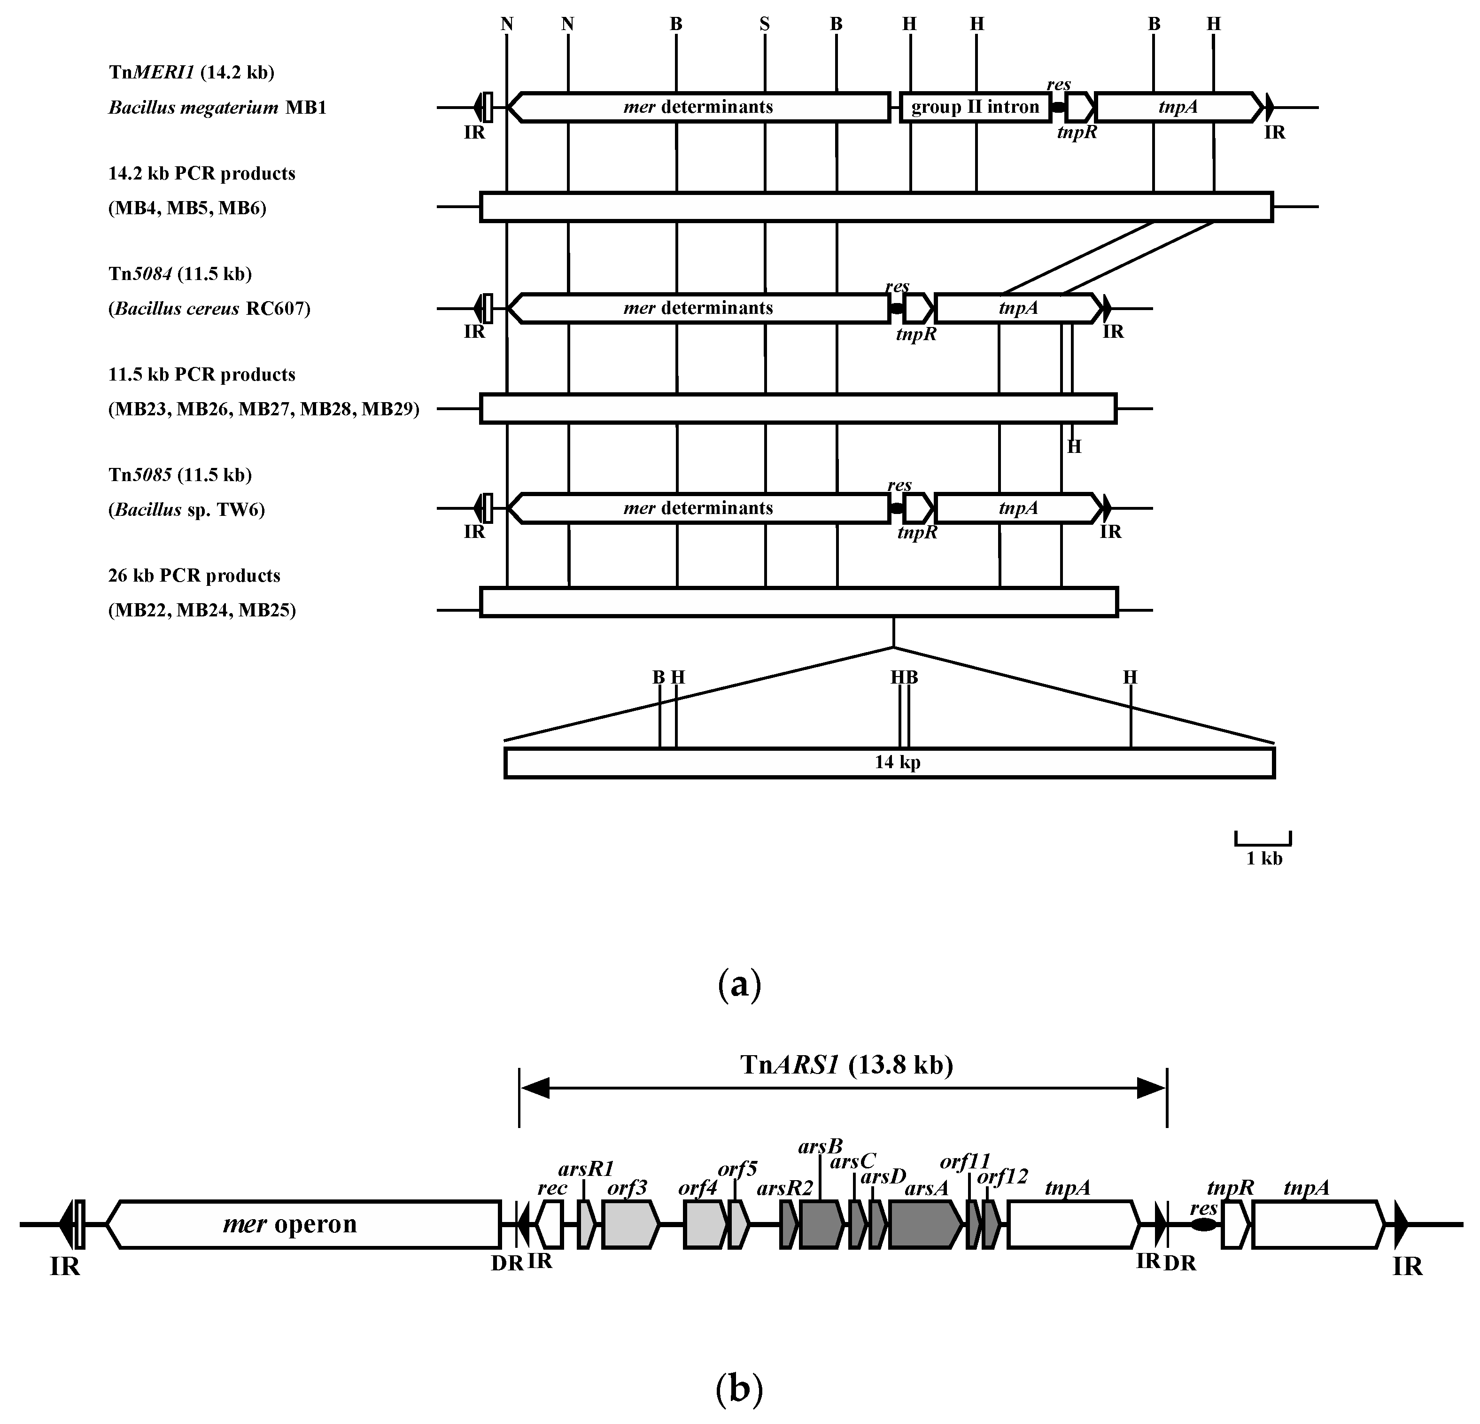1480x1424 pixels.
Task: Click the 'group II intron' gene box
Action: coord(976,107)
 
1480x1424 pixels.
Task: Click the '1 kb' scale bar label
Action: coord(1264,859)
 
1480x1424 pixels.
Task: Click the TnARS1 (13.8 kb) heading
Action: coord(846,1065)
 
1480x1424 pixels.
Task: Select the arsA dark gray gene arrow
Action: coord(925,1224)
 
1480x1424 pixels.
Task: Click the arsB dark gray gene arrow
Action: coord(821,1224)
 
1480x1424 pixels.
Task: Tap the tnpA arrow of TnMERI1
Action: coord(1178,107)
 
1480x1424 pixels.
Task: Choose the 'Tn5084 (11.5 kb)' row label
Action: coord(180,273)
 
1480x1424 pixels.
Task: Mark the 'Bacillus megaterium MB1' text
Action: coord(217,107)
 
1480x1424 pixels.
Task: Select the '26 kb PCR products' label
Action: coord(194,576)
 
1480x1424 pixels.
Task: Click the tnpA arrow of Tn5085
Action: coord(1018,508)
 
